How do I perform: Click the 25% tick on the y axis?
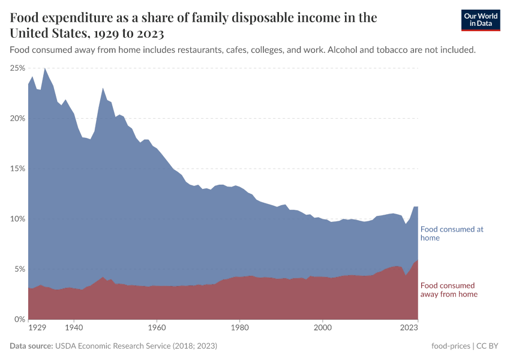coord(17,68)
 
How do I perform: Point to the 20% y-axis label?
coord(17,118)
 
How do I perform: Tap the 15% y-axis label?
coord(17,169)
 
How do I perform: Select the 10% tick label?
coord(17,218)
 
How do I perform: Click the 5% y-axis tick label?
coord(19,269)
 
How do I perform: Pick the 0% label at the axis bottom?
coord(19,319)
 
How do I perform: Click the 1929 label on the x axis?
coord(37,328)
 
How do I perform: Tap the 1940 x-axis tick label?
coord(74,328)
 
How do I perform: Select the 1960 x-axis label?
coord(157,328)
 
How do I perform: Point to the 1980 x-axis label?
coord(239,328)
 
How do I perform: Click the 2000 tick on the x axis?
coord(323,328)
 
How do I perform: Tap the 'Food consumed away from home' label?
coord(449,290)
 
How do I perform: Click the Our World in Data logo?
coord(480,20)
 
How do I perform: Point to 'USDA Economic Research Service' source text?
coord(113,346)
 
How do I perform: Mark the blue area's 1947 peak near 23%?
coord(103,88)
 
